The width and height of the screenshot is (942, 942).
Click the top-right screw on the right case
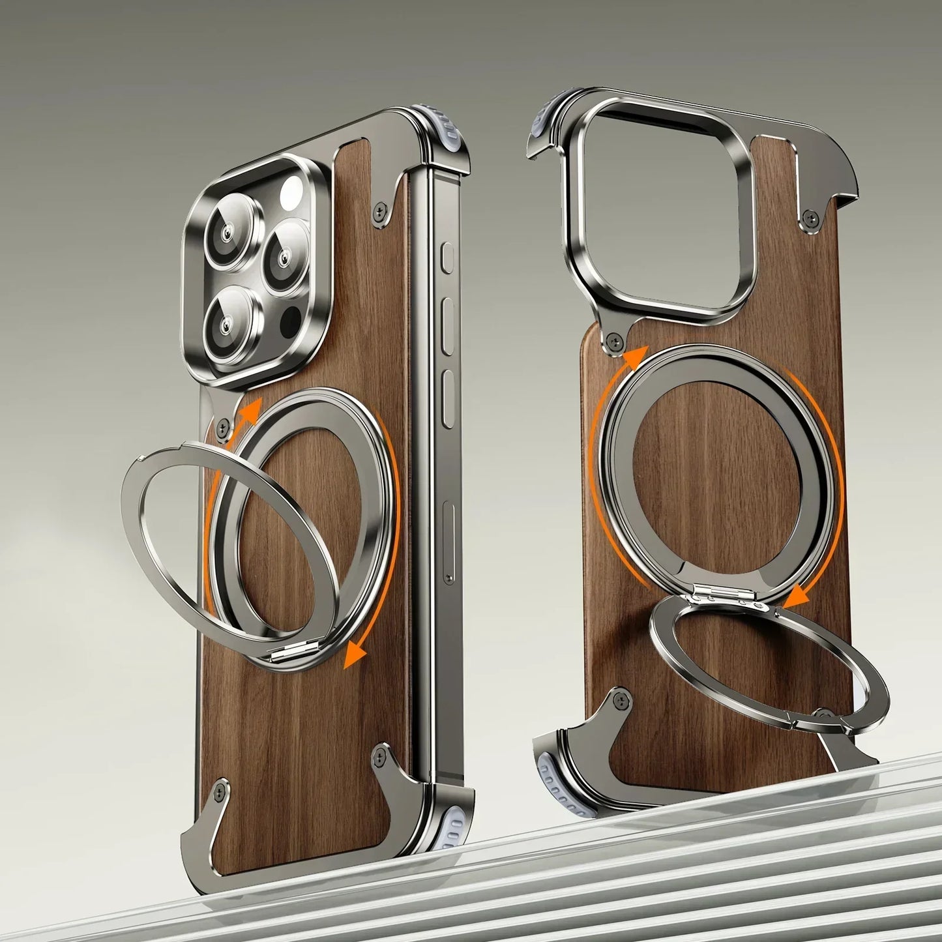coord(810,215)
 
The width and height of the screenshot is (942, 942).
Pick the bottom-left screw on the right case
coord(621,700)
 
